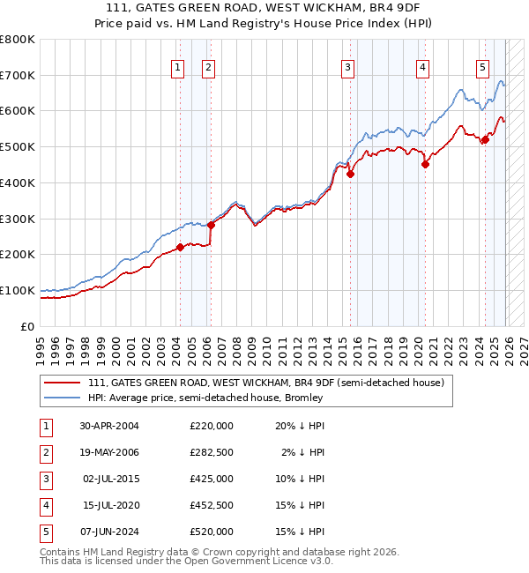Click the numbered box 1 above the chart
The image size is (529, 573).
(178, 67)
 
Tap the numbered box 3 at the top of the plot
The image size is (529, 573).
(348, 67)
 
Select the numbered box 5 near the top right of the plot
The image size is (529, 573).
(483, 67)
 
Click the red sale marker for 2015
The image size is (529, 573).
(350, 175)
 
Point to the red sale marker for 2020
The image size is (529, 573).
(425, 164)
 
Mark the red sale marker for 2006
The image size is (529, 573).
(211, 225)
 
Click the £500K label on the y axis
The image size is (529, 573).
(18, 146)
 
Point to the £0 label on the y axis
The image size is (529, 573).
(26, 326)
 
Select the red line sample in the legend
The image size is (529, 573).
(63, 383)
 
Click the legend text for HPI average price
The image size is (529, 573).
(205, 398)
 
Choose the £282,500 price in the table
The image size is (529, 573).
(211, 452)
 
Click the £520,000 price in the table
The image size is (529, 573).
(211, 532)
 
